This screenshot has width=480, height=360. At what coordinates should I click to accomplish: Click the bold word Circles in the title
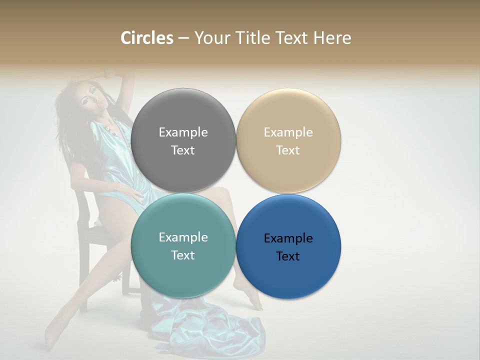pos(147,38)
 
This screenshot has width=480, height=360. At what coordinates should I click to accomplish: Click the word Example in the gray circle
pos(183,132)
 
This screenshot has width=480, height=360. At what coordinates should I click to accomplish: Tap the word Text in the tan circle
pos(288,150)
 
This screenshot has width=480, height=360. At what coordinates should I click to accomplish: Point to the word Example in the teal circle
pos(183,237)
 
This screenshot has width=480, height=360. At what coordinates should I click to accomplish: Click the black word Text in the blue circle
pos(288,256)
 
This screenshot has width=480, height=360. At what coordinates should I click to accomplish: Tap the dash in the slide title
pos(183,38)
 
